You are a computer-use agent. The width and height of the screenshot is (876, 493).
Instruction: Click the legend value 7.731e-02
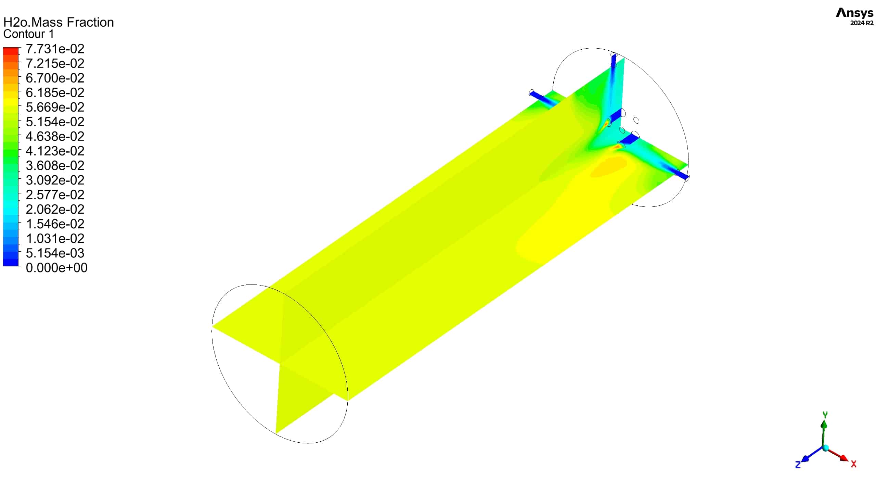(x=55, y=49)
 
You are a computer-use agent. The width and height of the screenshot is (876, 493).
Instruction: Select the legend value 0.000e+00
(x=57, y=268)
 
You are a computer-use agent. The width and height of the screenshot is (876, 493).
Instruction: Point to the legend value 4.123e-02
(x=55, y=151)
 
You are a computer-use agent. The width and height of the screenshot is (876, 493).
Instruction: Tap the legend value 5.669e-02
(x=55, y=107)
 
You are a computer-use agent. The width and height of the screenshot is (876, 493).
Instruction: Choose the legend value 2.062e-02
(x=55, y=209)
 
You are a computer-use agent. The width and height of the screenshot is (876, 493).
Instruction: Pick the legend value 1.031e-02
(x=55, y=239)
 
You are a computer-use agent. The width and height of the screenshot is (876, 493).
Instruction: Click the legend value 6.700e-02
(x=55, y=78)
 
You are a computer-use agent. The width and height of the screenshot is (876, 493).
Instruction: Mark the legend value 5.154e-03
(x=55, y=253)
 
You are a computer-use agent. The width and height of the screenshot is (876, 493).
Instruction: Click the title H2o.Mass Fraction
(x=59, y=22)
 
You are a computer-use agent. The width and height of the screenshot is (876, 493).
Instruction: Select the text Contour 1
(x=29, y=34)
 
